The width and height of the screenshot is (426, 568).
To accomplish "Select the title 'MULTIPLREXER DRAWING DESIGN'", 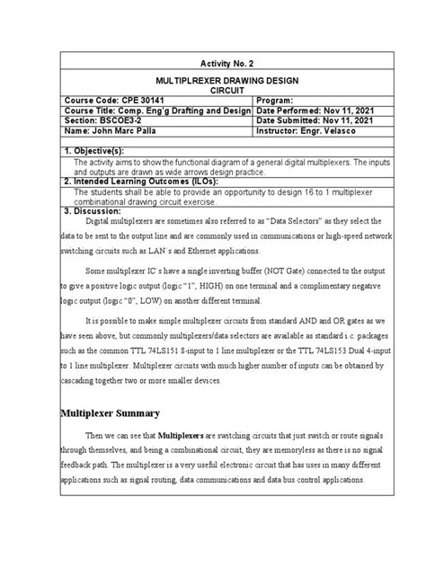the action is [x=212, y=80].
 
